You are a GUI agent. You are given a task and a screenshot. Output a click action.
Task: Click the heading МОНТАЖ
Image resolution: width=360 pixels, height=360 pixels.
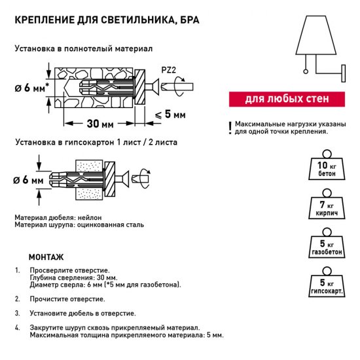pos(46,257)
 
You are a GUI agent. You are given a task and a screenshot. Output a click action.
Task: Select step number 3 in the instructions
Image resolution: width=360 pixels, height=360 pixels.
pos(17,314)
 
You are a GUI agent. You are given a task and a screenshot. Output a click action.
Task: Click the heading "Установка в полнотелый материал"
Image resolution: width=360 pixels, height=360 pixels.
pos(83,49)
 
